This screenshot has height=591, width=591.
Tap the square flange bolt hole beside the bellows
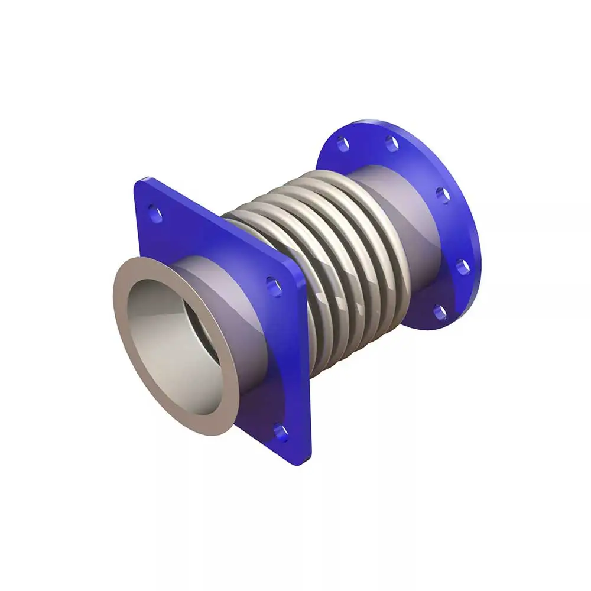click(x=274, y=286)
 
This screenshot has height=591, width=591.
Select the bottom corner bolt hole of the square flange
click(x=281, y=433)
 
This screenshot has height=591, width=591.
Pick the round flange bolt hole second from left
click(x=392, y=143)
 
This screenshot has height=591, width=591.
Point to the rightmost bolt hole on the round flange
click(x=463, y=267)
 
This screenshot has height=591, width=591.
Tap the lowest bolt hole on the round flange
click(x=440, y=311)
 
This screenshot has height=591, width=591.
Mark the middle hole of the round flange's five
click(x=443, y=194)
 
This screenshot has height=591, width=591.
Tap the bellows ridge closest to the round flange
click(x=384, y=236)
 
